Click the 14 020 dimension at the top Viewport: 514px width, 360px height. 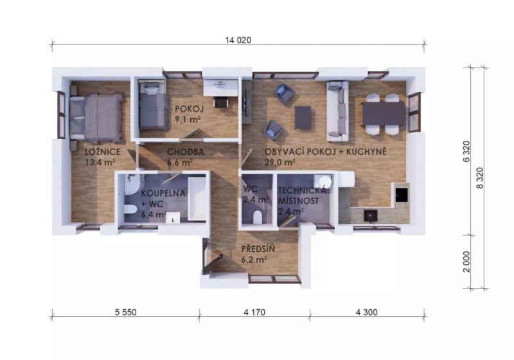pos(238,40)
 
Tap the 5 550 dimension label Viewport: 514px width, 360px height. pos(125,312)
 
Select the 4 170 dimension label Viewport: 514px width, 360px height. pos(254,312)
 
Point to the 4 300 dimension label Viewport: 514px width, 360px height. pos(366,312)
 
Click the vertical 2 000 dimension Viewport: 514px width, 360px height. pos(466,262)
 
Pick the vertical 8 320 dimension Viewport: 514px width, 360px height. pos(479,178)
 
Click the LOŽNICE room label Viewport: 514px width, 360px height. pos(103,152)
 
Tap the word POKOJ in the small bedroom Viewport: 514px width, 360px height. pos(189,109)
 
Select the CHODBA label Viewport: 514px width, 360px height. pos(186,152)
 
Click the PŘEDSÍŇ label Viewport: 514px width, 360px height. pos(258,249)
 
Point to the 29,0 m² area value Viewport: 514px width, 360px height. pos(279,162)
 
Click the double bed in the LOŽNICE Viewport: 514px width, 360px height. pos(97,117)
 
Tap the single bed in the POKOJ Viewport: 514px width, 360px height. pos(154,105)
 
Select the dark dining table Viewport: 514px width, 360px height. pos(384,113)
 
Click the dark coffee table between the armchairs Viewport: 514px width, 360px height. pos(303,117)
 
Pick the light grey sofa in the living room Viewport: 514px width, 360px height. pos(337,111)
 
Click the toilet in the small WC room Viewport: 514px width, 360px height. pos(258,217)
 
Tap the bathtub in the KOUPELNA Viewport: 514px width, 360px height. pos(197,199)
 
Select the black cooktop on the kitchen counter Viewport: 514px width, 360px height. pos(402,195)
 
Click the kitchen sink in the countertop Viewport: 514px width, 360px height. pos(371,216)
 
